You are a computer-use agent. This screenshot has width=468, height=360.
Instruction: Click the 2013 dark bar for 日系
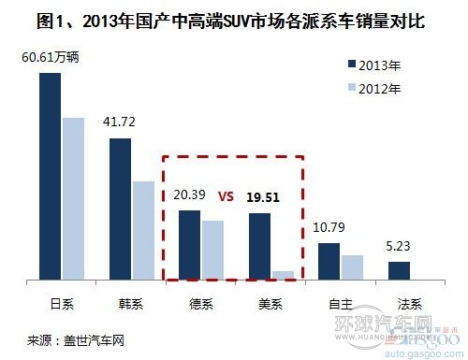point(50,177)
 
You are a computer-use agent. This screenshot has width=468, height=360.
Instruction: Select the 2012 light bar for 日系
point(73,199)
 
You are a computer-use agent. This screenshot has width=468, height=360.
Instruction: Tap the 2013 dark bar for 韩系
point(120,209)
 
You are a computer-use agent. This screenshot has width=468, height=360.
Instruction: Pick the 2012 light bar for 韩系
point(143,231)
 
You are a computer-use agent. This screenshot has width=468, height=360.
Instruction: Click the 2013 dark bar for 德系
point(189,245)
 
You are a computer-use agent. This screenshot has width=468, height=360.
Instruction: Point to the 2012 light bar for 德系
point(212,251)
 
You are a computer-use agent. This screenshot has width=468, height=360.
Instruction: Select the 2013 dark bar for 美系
point(259,247)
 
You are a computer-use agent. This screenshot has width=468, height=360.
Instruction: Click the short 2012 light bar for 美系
point(283,276)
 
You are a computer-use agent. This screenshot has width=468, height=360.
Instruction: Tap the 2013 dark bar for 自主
point(329,262)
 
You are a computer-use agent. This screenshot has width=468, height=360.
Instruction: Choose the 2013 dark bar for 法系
point(399,271)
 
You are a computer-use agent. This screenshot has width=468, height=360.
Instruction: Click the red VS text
point(225,197)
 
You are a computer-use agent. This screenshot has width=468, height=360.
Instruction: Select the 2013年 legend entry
point(374,65)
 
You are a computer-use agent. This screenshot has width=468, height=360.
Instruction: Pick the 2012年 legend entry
point(374,90)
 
